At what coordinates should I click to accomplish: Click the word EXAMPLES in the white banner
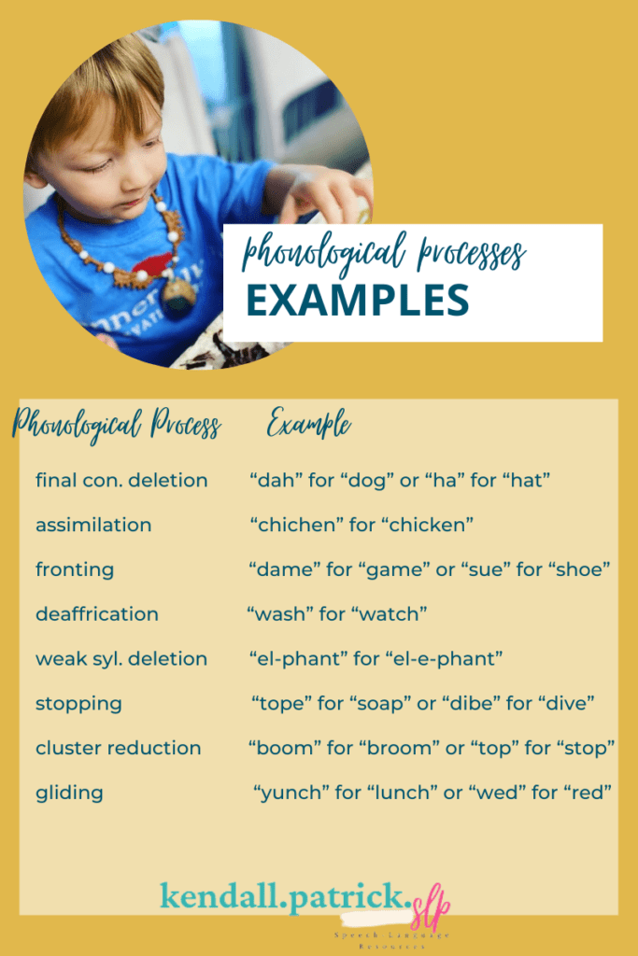point(357,301)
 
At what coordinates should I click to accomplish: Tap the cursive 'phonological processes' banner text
point(383,254)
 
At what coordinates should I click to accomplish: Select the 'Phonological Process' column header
point(116,427)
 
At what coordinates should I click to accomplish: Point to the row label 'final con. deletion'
point(121,480)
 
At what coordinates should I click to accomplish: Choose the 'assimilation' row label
point(93,525)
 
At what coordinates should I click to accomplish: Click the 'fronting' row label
point(75,569)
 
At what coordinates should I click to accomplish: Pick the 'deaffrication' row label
point(97,614)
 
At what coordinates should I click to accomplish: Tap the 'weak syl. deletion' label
point(121,658)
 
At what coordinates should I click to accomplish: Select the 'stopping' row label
point(78,703)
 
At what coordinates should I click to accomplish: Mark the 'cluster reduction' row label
point(118,748)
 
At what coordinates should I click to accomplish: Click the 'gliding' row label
point(69,793)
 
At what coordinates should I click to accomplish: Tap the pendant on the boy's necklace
point(178,292)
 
